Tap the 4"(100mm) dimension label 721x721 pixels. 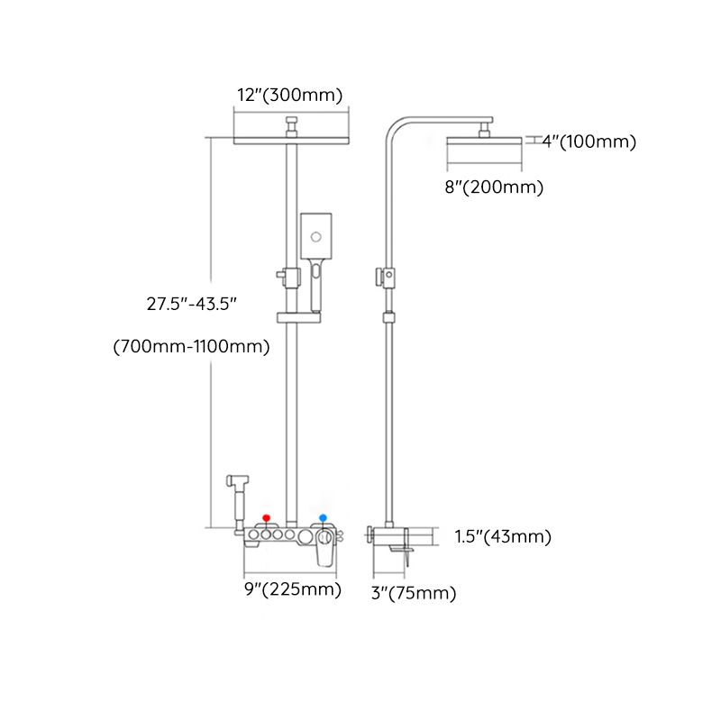pos(589,141)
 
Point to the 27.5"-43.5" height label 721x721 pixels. pos(192,305)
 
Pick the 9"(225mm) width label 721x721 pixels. pos(294,590)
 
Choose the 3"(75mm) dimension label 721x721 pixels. pos(414,593)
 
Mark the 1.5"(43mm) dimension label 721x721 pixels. pos(503,537)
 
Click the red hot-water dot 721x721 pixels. pos(266,517)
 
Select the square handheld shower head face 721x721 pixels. pos(316,236)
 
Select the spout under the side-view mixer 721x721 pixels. pos(404,552)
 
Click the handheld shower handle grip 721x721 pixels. pos(315,287)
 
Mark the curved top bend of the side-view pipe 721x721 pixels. pos(397,126)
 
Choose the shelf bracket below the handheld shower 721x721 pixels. pos(297,318)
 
